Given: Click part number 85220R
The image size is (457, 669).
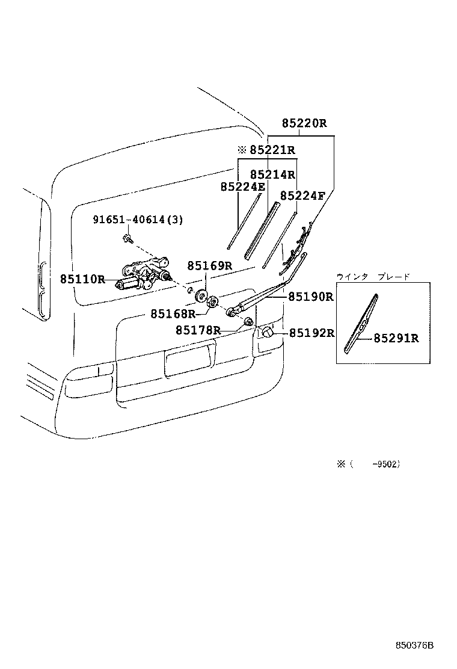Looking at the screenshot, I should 304,124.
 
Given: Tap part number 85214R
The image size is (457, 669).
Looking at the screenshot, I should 272,174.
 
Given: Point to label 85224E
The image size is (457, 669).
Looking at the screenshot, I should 242,187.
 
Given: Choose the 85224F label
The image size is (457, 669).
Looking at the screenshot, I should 302,196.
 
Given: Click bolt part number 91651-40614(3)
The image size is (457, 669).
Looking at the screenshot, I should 138,220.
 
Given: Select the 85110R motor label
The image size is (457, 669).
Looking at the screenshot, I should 82,279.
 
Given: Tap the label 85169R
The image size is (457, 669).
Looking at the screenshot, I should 209,265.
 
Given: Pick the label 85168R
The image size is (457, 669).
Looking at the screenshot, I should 173,313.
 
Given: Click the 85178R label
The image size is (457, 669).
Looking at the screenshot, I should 198,330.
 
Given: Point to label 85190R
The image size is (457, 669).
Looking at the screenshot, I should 310,297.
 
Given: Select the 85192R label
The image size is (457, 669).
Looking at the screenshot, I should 311,333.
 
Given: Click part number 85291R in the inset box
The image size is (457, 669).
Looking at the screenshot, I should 396,338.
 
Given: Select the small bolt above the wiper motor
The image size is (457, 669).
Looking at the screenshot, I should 127,239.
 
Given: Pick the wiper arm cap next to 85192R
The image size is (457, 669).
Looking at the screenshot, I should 267,333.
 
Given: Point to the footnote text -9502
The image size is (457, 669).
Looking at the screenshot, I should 386,464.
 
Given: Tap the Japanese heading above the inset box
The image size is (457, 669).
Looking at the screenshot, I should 373,277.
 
